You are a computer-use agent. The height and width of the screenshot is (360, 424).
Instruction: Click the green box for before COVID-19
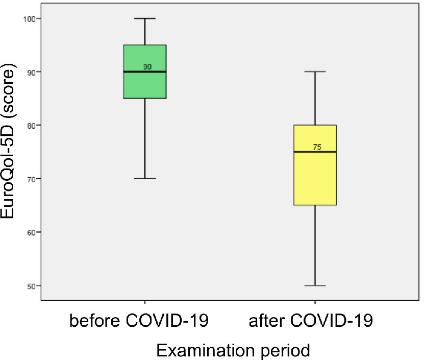point(145,84)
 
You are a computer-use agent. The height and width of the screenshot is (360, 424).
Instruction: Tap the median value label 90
point(147,66)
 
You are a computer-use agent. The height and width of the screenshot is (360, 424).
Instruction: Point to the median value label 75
point(317,147)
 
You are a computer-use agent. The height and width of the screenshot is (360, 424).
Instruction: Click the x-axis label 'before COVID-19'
point(138,321)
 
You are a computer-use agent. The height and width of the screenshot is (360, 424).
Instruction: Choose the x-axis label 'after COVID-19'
point(311,321)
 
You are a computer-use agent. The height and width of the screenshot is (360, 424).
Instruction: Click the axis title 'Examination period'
point(233,350)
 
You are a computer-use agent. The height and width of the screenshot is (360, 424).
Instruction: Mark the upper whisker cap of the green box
point(145,18)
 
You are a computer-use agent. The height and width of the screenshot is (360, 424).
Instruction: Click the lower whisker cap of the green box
point(145,179)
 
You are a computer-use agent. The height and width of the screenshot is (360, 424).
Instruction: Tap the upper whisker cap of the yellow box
point(315,72)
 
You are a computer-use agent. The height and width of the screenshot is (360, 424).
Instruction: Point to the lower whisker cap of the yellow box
point(315,285)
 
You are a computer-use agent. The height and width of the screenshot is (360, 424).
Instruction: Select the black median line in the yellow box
point(304,152)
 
